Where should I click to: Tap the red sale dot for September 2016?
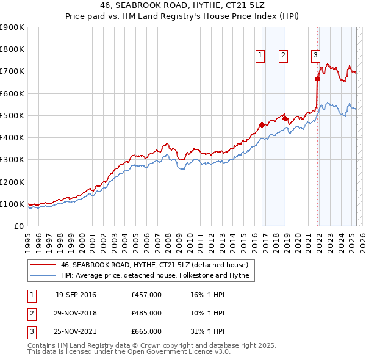pyautogui.click(x=262, y=124)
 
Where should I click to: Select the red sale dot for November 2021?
pyautogui.click(x=318, y=79)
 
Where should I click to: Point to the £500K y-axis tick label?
pyautogui.click(x=12, y=115)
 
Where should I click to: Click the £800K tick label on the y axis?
pyautogui.click(x=12, y=49)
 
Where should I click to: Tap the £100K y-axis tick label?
pyautogui.click(x=12, y=204)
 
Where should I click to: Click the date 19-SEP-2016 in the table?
pyautogui.click(x=76, y=295)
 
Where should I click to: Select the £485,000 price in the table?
pyautogui.click(x=146, y=313)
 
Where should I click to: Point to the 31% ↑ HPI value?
pyautogui.click(x=207, y=331)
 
